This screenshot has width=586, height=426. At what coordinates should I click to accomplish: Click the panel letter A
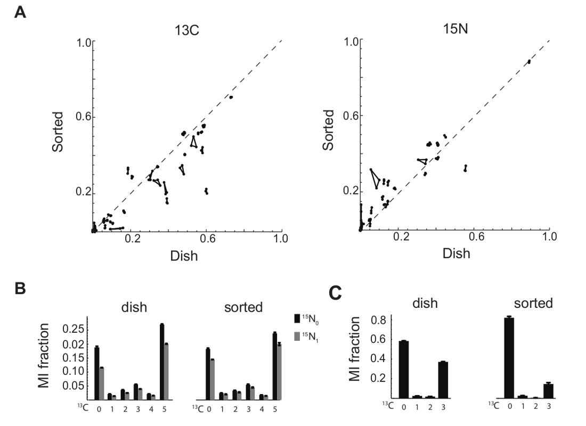tap(20, 12)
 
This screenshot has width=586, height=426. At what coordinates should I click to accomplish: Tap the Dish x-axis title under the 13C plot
tap(185, 256)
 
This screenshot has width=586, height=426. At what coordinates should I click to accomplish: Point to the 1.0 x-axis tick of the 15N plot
tap(549, 237)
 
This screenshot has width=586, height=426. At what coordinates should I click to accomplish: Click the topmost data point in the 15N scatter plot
tap(529, 62)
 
